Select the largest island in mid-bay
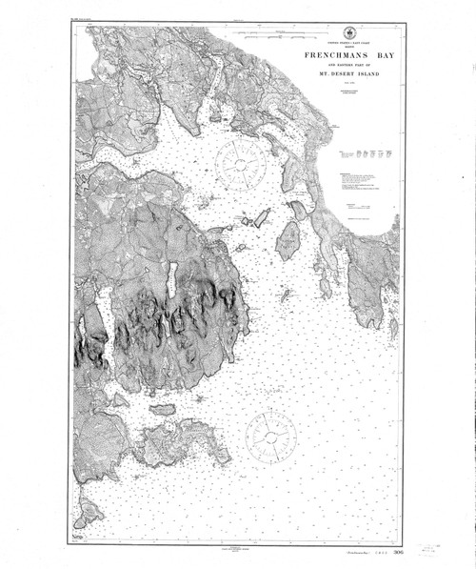[x=288, y=241]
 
